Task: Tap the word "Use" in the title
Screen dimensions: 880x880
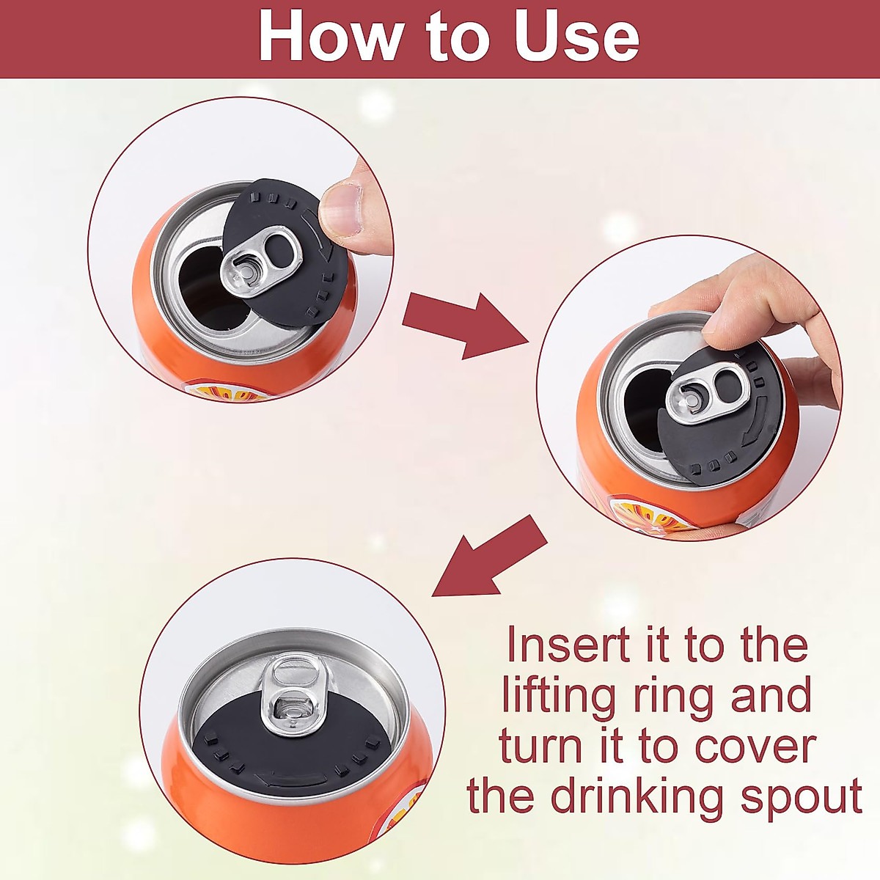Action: tap(576, 36)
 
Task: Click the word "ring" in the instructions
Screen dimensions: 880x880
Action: tap(670, 697)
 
